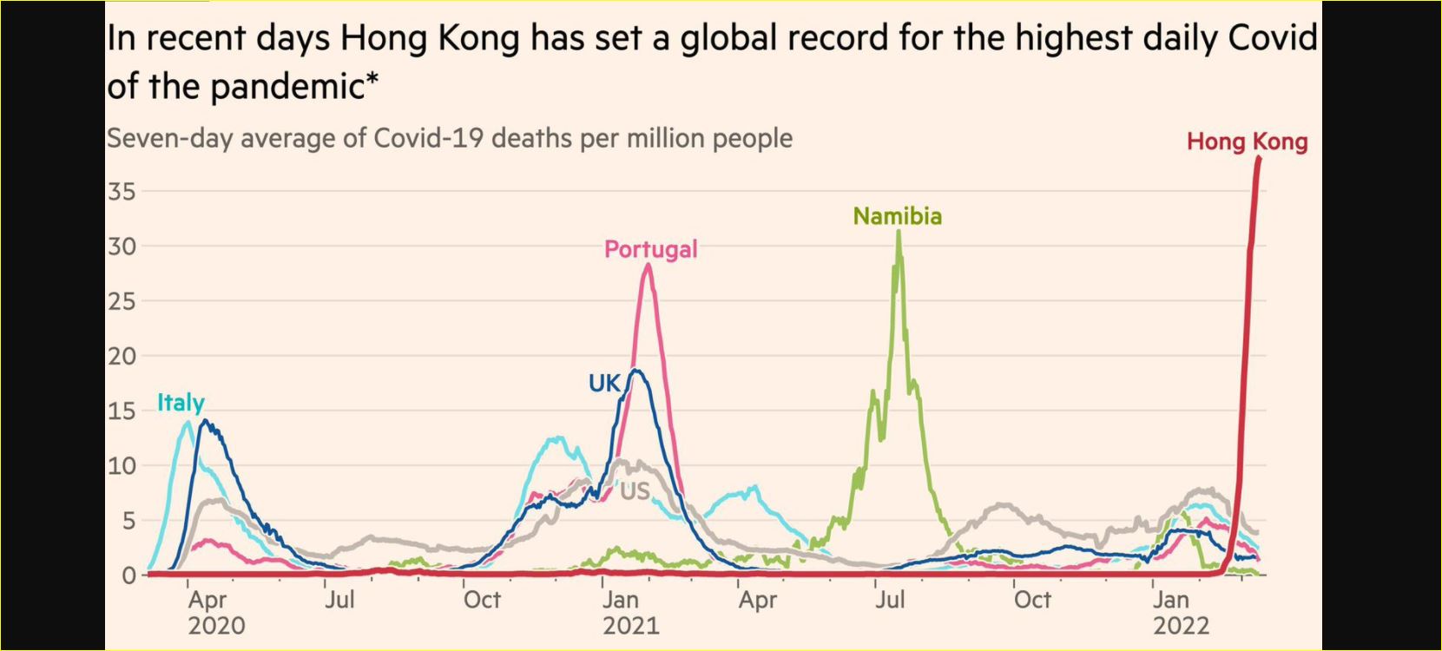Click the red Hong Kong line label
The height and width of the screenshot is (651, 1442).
coord(1247,141)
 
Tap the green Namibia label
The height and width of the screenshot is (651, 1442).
coord(898,216)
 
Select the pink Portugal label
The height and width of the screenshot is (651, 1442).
coord(651,249)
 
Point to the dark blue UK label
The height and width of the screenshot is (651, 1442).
coord(604,383)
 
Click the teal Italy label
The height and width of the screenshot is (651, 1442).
coord(181,403)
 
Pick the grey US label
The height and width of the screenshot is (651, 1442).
coord(635,491)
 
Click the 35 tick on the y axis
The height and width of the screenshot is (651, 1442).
coord(122,191)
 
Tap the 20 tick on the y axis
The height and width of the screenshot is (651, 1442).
coord(122,356)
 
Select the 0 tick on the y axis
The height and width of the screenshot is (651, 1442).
coord(129,575)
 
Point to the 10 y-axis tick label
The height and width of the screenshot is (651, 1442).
coord(122,465)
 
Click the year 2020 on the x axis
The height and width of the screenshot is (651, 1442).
coord(216,625)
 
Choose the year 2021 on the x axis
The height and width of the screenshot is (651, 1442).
coord(631,625)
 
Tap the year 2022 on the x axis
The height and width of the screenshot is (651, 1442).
coord(1182,625)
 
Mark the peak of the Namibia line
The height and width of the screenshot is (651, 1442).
coord(898,232)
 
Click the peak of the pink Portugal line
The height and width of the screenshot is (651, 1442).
coord(648,266)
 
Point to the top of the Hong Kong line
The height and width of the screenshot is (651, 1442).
coord(1259,158)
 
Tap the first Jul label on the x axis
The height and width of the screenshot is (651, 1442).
coord(339,600)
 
